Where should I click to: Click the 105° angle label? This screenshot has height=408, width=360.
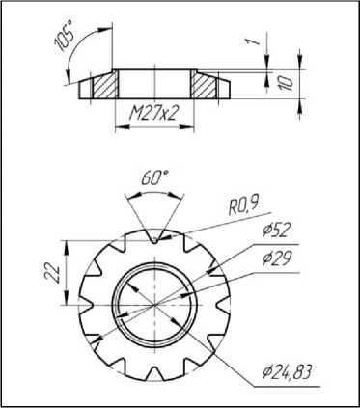click(x=65, y=36)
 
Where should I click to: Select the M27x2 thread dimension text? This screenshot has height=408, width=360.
click(x=153, y=113)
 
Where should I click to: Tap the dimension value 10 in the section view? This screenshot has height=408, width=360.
click(x=288, y=83)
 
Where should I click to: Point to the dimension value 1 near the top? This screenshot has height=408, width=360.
click(x=254, y=41)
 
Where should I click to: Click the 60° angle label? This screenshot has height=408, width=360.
click(x=154, y=177)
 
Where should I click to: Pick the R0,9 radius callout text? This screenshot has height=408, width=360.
click(x=243, y=206)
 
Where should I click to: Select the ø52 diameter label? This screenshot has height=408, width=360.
click(x=276, y=230)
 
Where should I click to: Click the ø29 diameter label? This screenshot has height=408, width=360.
click(x=276, y=258)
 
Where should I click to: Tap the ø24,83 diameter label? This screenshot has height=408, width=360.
click(x=287, y=372)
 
